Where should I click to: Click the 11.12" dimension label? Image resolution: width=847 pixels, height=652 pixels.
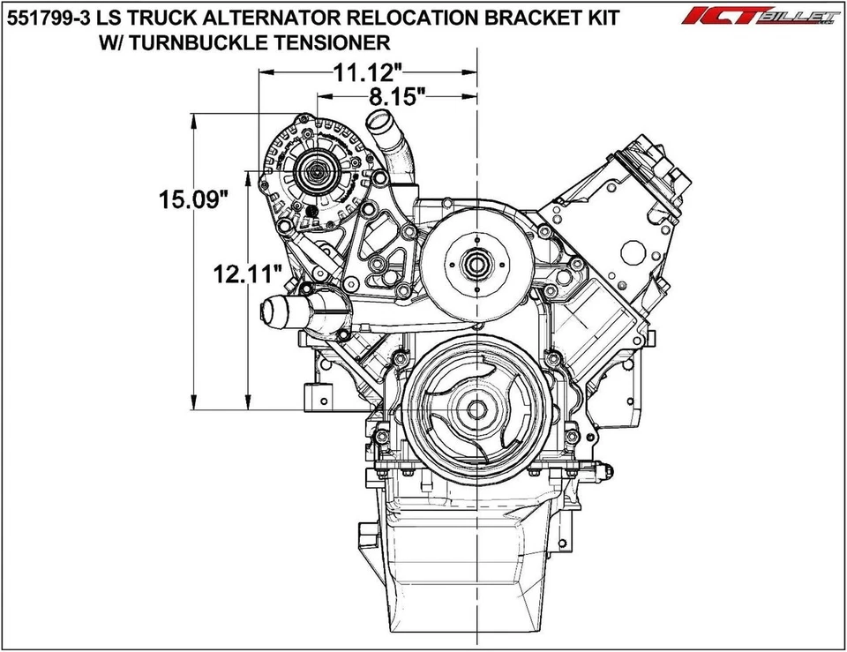click(x=369, y=74)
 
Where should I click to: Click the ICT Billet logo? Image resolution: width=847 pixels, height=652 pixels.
click(x=761, y=17)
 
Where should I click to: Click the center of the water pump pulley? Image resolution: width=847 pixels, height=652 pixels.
click(x=476, y=262)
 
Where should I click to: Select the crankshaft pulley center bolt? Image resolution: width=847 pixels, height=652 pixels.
click(x=476, y=409)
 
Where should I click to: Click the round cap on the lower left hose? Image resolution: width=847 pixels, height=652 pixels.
click(x=274, y=311)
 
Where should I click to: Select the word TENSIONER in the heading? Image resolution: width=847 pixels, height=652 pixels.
click(x=334, y=41)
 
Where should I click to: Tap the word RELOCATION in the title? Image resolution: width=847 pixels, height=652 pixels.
click(x=395, y=17)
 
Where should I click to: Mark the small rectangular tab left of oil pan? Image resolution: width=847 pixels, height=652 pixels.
click(x=365, y=536)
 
